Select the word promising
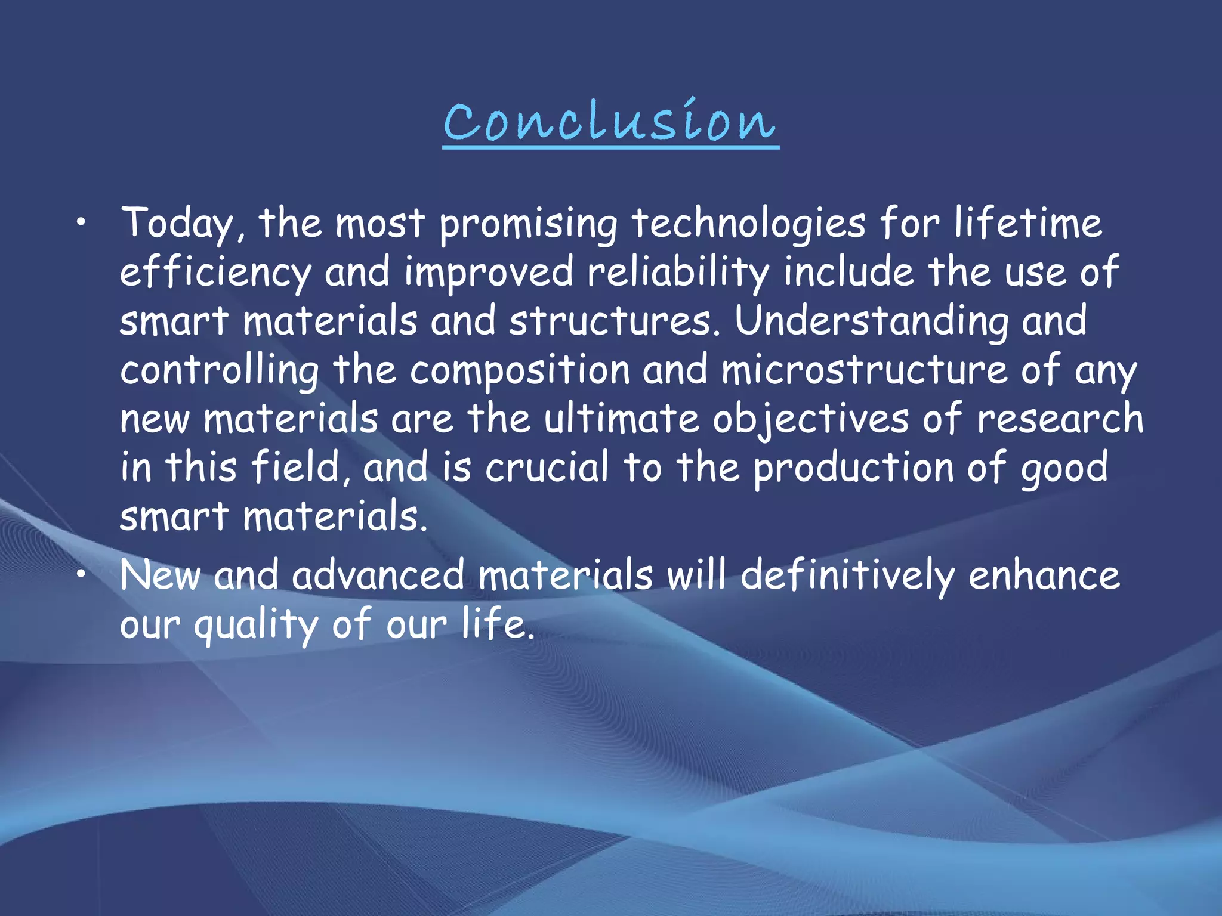(x=529, y=224)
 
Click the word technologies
(x=748, y=224)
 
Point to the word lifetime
(x=1027, y=224)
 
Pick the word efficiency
(x=215, y=273)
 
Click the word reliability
(x=678, y=273)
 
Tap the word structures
(x=615, y=321)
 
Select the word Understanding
(x=871, y=321)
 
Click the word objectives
(x=810, y=419)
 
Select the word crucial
(x=547, y=468)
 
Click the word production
(x=853, y=468)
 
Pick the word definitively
(x=847, y=576)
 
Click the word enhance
(x=1044, y=576)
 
